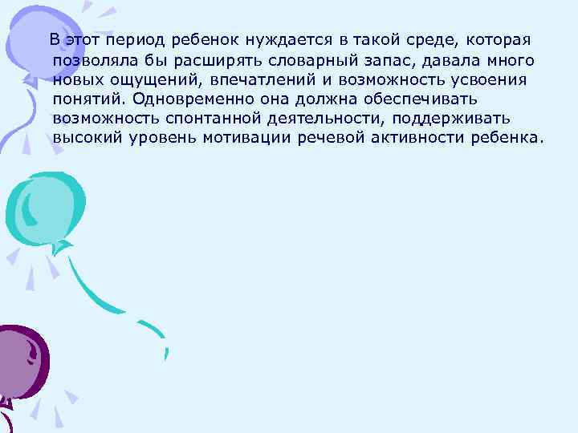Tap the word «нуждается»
278,40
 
